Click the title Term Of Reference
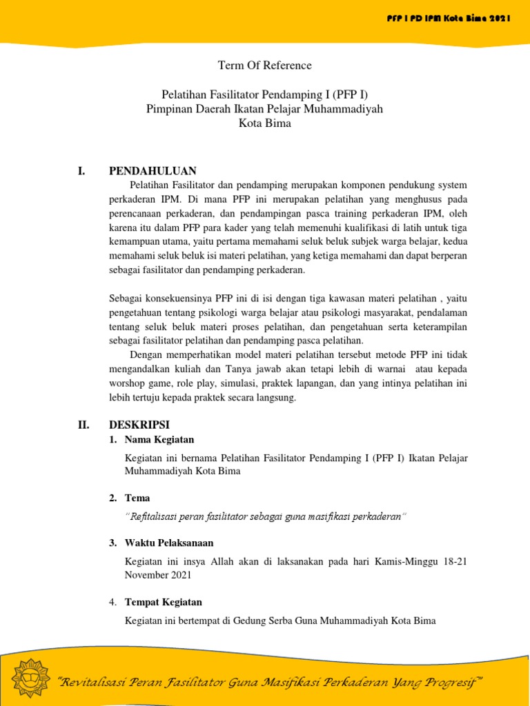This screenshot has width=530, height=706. tap(265, 66)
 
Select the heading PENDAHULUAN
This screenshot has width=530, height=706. tap(153, 171)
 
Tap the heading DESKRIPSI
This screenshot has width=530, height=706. tap(139, 425)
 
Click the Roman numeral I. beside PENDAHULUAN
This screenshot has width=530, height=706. tap(81, 171)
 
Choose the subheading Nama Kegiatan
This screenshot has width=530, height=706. tap(159, 439)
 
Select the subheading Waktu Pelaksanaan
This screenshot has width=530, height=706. tap(169, 543)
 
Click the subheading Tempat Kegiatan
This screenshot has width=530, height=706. tap(164, 603)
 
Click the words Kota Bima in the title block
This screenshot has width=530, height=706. tap(265, 124)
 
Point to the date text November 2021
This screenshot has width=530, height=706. tap(158, 574)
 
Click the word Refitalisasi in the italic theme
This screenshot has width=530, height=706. tap(155, 516)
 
